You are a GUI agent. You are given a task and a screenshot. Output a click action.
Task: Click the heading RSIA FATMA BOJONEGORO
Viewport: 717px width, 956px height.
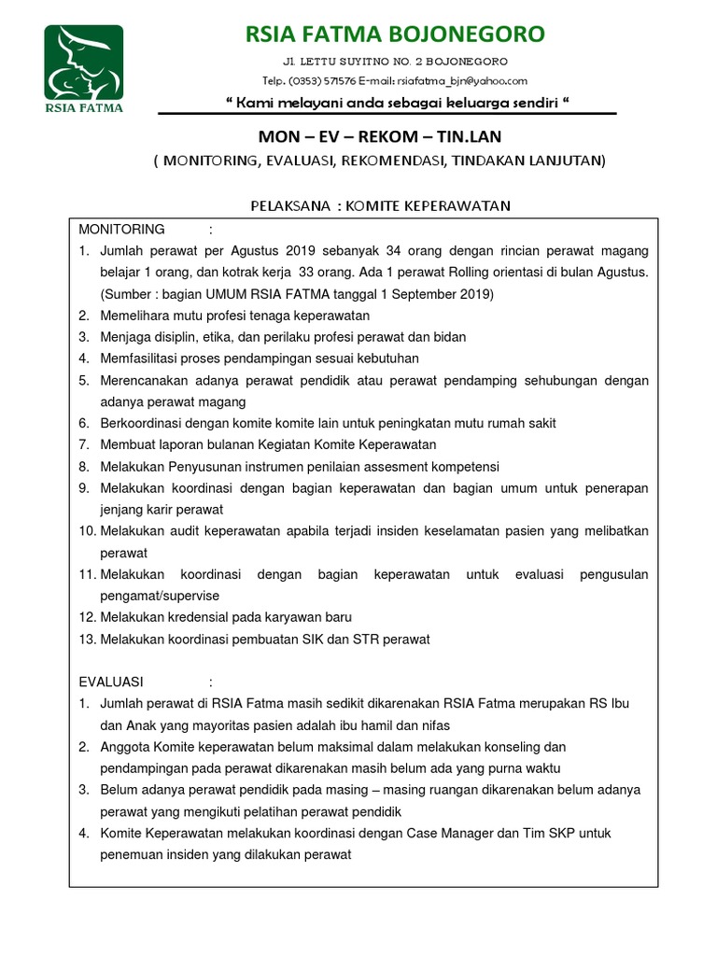pyautogui.click(x=395, y=35)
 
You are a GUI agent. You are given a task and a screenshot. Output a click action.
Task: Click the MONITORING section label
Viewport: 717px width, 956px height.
pyautogui.click(x=121, y=230)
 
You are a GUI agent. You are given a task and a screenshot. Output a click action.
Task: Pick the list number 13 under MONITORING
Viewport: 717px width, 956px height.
pyautogui.click(x=87, y=639)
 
